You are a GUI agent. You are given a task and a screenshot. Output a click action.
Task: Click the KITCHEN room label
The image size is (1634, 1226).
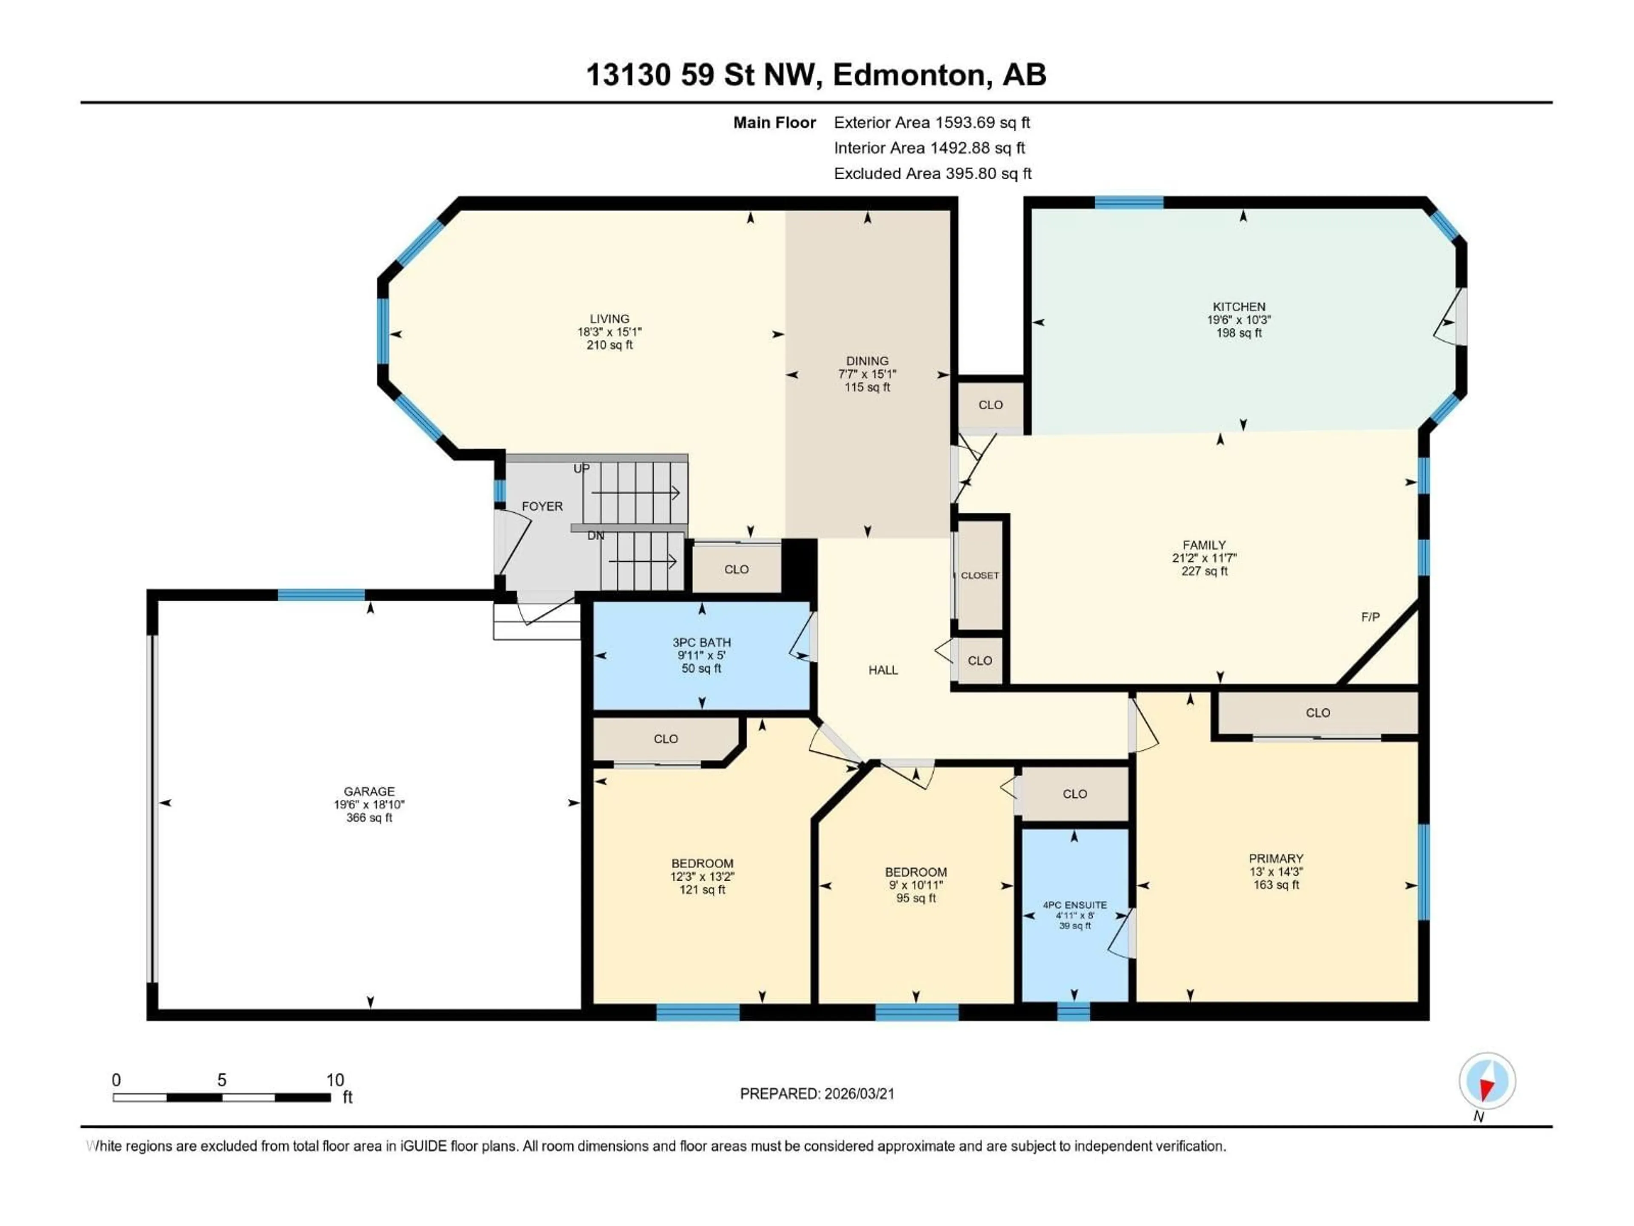[1239, 306]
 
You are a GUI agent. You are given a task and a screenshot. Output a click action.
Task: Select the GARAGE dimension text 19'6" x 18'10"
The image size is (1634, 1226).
[369, 805]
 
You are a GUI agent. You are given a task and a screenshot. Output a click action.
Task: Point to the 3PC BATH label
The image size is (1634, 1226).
[701, 643]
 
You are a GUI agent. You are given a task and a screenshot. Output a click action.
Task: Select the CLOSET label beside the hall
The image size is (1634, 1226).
[980, 576]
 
